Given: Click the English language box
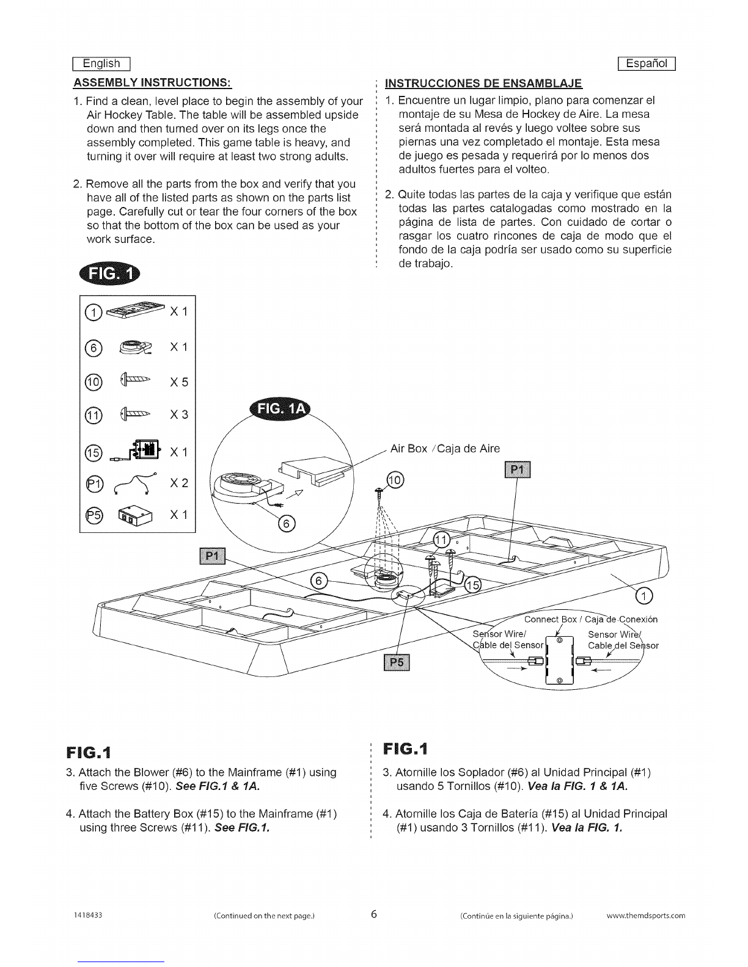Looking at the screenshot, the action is [101, 63].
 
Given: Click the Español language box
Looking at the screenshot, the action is [647, 63].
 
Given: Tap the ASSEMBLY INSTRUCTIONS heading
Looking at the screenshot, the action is [152, 83].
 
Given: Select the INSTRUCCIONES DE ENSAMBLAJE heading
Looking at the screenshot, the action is [483, 84].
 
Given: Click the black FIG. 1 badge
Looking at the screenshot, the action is [109, 274].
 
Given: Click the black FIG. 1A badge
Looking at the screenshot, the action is [280, 408].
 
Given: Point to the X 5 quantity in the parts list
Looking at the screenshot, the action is [178, 382].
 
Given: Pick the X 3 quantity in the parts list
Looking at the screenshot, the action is [178, 415].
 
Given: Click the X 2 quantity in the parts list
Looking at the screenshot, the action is [178, 483].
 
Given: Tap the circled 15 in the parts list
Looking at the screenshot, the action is [93, 452].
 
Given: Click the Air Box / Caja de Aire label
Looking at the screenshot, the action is [445, 449].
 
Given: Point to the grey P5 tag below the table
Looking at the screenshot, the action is [397, 662].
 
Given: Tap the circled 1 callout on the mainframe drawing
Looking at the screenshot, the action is [644, 595].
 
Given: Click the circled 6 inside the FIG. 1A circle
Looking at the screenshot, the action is [287, 524].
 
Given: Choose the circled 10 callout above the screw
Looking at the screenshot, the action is [395, 480].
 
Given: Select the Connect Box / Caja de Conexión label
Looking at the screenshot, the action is [591, 620].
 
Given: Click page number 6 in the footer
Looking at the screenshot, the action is [374, 914].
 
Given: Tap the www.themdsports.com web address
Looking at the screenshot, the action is [645, 916].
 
